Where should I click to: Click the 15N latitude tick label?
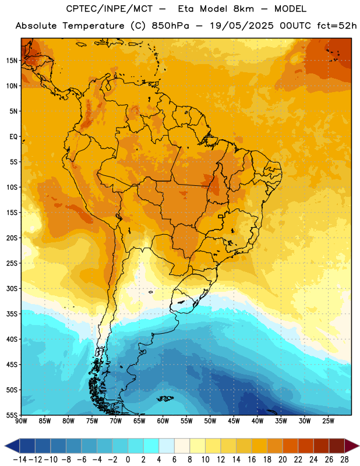click(12, 61)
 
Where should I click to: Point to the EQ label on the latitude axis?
click(13, 137)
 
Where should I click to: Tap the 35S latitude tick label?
click(12, 314)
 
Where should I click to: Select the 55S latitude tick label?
click(12, 415)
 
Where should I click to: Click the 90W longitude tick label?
click(21, 421)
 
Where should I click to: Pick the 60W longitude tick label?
click(163, 421)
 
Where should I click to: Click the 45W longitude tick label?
click(234, 421)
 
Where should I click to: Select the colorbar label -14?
click(20, 460)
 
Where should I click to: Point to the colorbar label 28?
click(344, 460)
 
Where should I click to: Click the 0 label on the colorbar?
click(128, 460)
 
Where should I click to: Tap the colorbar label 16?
click(252, 460)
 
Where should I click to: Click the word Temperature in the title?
click(93, 26)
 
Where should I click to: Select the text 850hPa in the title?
click(171, 26)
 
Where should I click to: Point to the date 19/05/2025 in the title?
click(242, 26)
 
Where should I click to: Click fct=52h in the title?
click(337, 26)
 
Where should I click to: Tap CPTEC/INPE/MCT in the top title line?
click(110, 9)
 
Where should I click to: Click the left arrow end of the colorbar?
click(12, 446)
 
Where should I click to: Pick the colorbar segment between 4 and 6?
click(167, 446)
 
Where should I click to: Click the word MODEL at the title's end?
click(290, 9)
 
